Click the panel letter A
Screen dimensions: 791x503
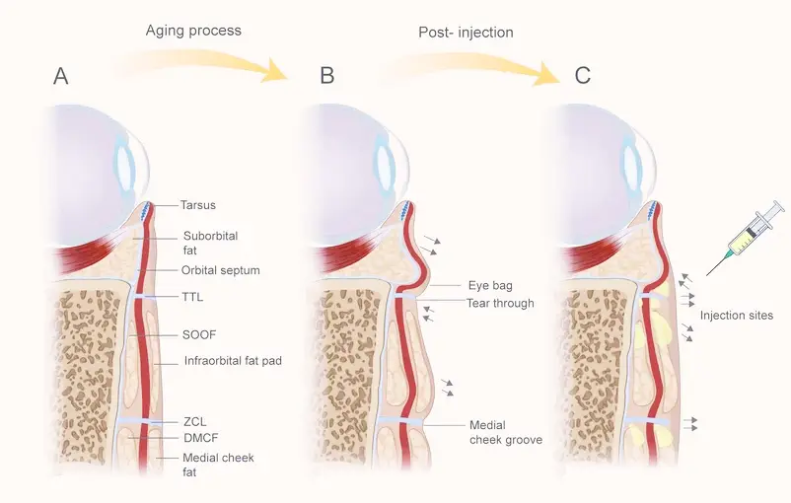(x=60, y=76)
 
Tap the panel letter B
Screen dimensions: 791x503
(x=326, y=75)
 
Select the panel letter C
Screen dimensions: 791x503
(x=583, y=75)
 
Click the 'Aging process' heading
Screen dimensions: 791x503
(x=193, y=31)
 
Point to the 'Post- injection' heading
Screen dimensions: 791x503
(x=466, y=33)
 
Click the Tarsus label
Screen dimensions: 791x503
(x=198, y=205)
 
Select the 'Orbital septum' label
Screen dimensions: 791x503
(x=221, y=270)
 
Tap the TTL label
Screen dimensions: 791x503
(x=192, y=297)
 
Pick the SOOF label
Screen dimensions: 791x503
(x=199, y=335)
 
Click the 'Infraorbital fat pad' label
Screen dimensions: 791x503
(x=233, y=361)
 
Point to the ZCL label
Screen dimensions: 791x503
(x=194, y=422)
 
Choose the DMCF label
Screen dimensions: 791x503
(x=201, y=438)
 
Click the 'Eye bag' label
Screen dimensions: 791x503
(x=490, y=286)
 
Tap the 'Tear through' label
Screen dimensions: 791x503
(x=500, y=303)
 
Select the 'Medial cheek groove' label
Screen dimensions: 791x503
(x=506, y=432)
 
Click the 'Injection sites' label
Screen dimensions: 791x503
(x=737, y=316)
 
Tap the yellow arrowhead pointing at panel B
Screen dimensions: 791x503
(x=275, y=71)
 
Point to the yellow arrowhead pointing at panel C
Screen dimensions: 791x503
(x=546, y=74)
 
